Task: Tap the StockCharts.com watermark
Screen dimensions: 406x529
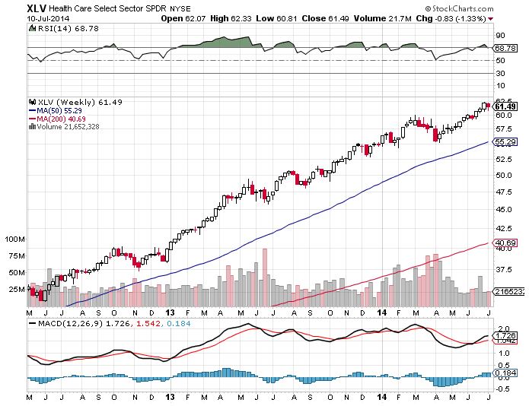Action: point(484,7)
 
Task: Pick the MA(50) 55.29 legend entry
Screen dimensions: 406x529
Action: point(53,111)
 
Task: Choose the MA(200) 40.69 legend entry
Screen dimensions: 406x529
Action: point(54,119)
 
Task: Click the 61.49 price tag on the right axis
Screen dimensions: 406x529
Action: point(506,106)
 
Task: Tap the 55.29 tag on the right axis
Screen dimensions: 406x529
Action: point(506,142)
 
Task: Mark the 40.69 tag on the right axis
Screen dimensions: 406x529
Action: point(506,243)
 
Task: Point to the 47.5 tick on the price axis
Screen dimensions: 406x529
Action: point(503,192)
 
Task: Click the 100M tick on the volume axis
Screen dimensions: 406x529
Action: point(15,239)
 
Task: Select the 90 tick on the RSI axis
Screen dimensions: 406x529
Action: point(500,35)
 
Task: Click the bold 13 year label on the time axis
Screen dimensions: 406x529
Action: point(169,312)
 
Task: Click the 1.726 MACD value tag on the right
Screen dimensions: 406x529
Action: point(506,335)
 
